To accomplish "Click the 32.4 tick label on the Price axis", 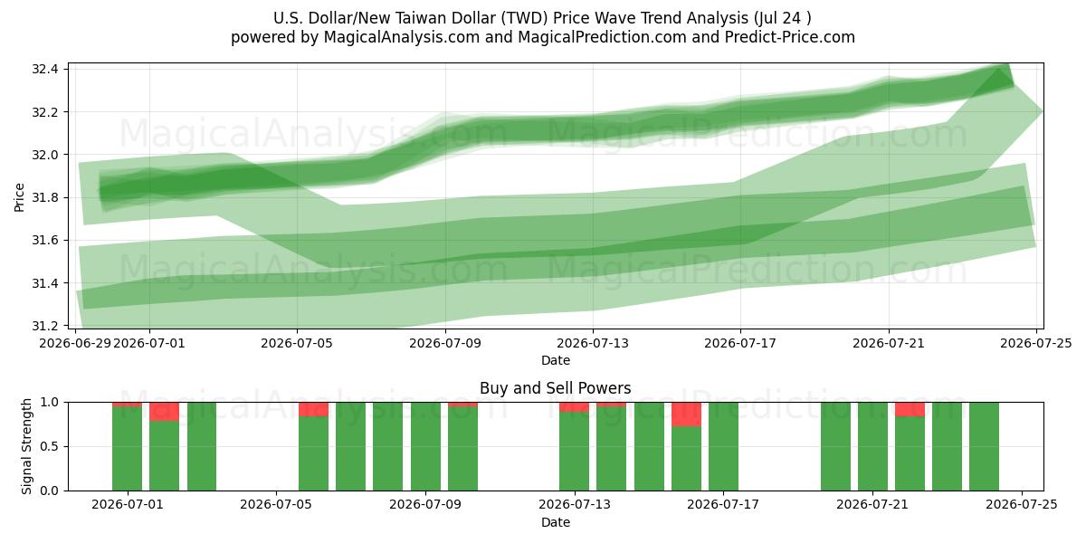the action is coord(45,70).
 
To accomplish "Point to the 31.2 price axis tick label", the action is coord(45,326).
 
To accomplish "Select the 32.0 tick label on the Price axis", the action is coord(45,155).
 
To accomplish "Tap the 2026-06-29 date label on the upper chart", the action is coord(75,343).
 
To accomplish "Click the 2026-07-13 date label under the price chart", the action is coord(593,343).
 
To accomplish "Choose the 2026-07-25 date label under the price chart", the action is coord(1036,343).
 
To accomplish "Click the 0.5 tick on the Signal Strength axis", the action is coord(49,446).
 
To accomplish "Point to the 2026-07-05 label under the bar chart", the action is coord(276,505).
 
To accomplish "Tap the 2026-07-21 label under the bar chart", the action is coord(872,505).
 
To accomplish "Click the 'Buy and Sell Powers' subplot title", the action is coord(556,388).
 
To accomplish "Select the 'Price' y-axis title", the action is coord(19,197).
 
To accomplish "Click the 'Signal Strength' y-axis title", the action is coord(26,446).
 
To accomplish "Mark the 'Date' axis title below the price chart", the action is coord(556,360).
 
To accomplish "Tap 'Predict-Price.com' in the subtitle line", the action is coord(790,37).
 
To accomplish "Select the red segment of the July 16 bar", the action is coord(686,414).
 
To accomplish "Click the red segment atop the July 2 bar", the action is coord(165,412).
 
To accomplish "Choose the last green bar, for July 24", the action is coord(985,446).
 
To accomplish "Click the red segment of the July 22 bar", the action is coord(910,409).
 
